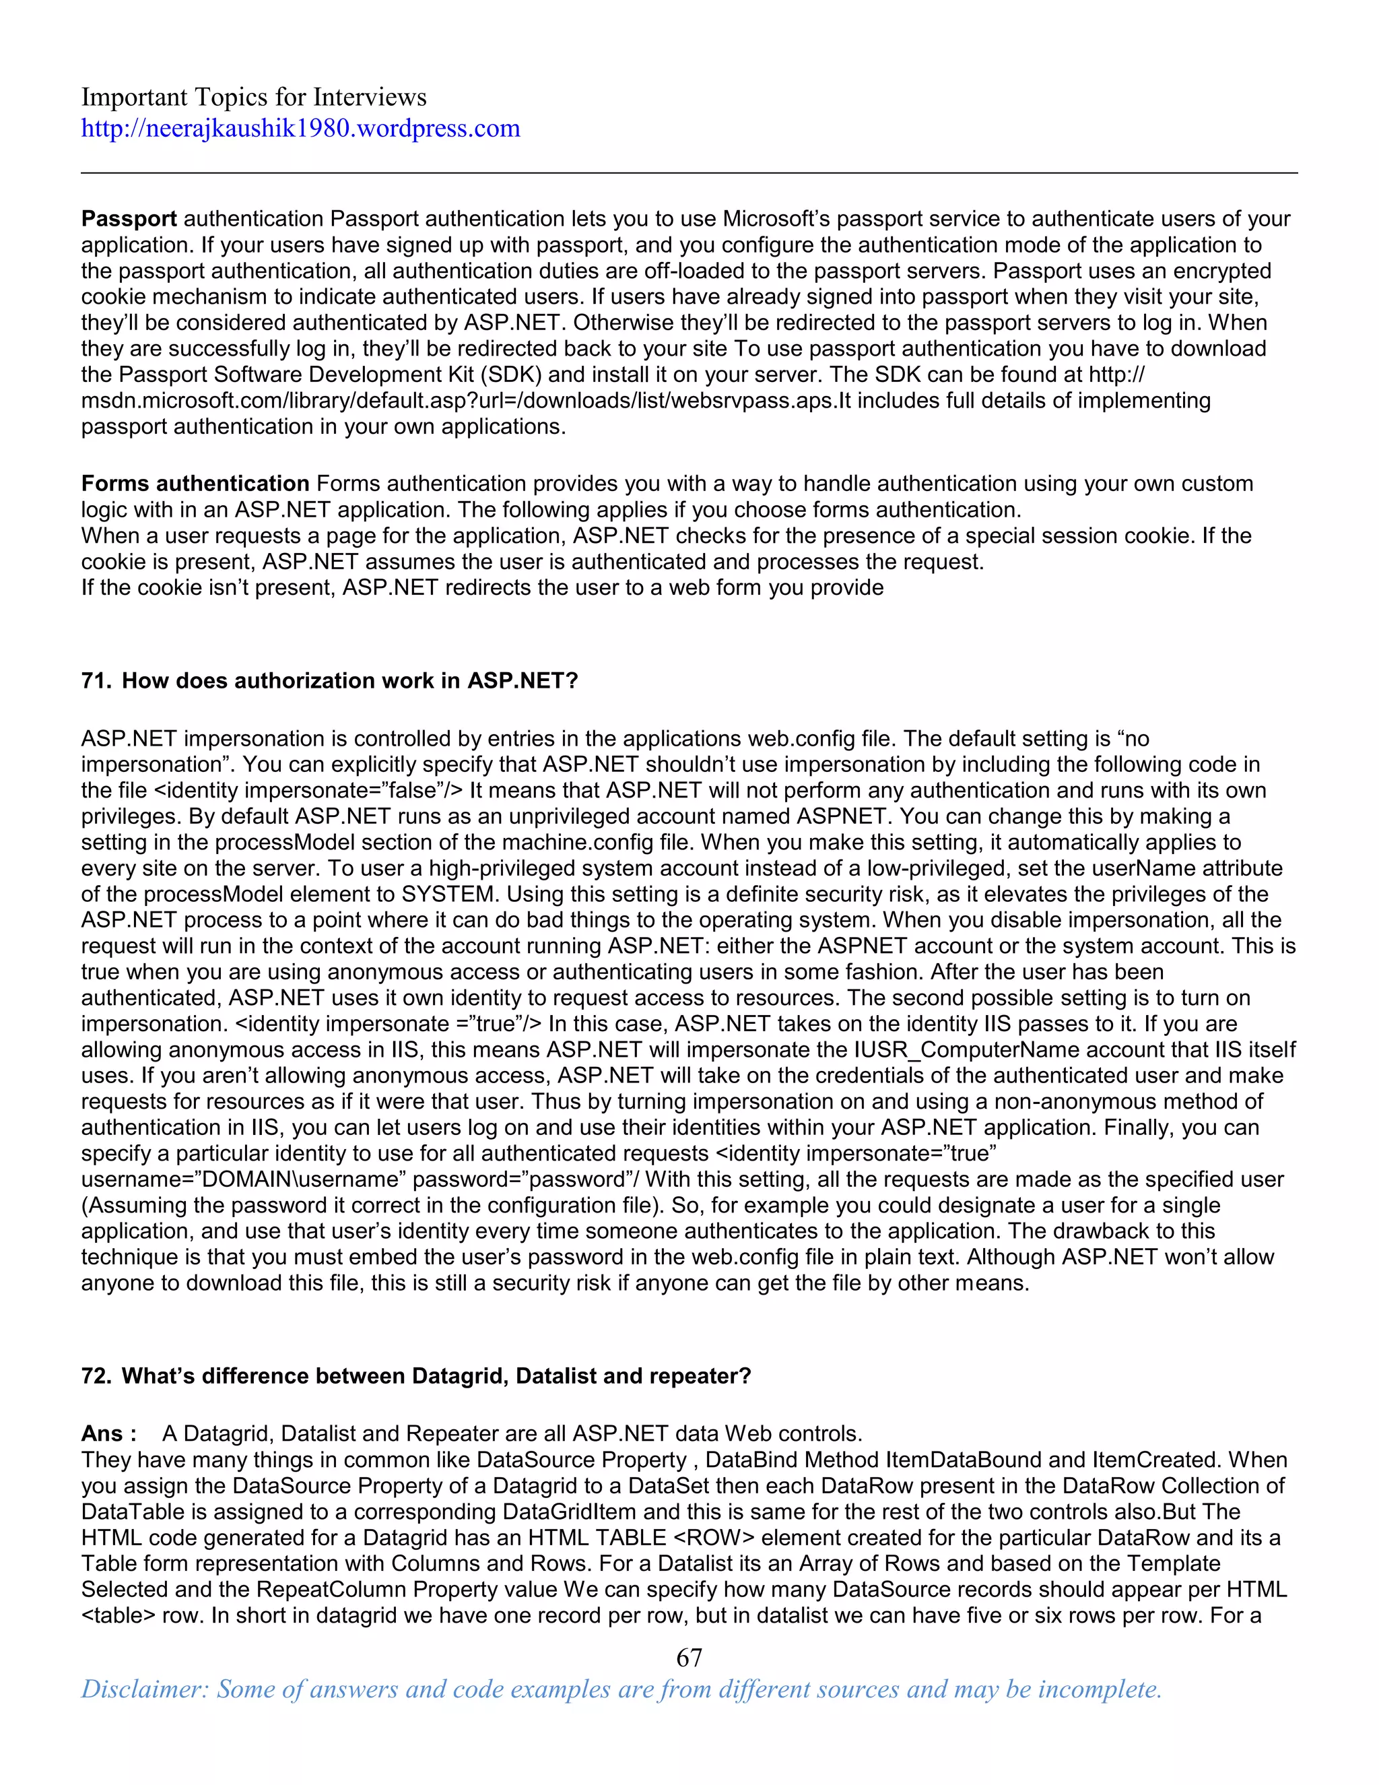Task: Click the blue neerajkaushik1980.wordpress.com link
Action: (x=300, y=128)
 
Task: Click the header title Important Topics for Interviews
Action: (x=253, y=97)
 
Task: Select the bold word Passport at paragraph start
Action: (x=129, y=219)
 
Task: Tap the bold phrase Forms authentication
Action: (x=195, y=484)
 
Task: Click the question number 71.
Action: (x=95, y=681)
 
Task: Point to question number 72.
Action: (x=95, y=1376)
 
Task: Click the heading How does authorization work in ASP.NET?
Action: (x=349, y=681)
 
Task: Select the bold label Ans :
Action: (x=108, y=1433)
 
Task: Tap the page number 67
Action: (x=689, y=1658)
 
